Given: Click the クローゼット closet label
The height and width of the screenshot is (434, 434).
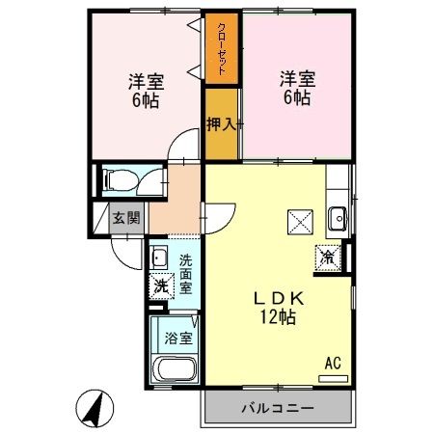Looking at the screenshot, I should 223,47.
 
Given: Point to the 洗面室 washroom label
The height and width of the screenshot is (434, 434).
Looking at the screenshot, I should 185,274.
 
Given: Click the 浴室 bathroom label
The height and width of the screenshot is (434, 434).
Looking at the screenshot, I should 177,339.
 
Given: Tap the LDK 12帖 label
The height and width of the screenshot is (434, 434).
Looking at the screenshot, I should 279,306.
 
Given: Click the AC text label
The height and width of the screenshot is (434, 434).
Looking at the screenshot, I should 333,364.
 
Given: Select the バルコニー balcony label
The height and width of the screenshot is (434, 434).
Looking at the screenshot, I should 277,408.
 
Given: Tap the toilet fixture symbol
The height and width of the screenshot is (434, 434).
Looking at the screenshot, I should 120,178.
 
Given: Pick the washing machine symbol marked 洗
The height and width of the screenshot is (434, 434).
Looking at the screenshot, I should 161,285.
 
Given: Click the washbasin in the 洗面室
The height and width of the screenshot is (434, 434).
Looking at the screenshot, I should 159,258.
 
